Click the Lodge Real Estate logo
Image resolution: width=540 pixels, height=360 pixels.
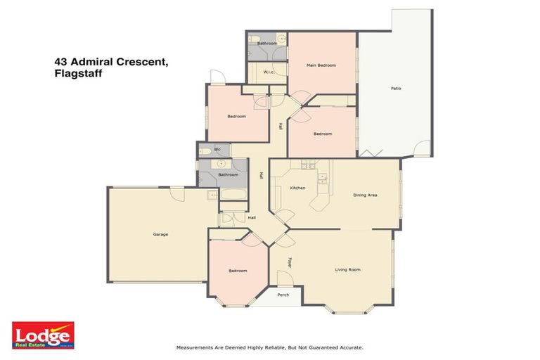click(x=42, y=335)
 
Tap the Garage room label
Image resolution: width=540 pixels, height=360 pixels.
click(x=160, y=234)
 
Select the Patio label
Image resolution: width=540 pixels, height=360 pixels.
click(x=397, y=89)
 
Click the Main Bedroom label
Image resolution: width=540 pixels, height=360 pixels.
click(x=321, y=65)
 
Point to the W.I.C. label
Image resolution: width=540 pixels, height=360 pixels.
click(x=269, y=72)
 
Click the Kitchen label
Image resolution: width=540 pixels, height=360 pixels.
click(x=297, y=188)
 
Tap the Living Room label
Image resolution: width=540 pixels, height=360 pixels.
click(x=347, y=269)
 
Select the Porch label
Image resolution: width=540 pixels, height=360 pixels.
click(x=283, y=295)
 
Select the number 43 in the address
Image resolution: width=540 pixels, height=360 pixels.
click(x=60, y=61)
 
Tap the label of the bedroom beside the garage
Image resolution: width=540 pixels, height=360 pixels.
click(x=237, y=271)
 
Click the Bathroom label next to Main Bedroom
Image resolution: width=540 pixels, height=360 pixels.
click(x=266, y=44)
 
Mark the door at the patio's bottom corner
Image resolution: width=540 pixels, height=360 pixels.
click(x=422, y=149)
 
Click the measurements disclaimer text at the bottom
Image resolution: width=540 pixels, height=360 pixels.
click(x=269, y=347)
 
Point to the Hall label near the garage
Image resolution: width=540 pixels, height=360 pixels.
click(x=252, y=218)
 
